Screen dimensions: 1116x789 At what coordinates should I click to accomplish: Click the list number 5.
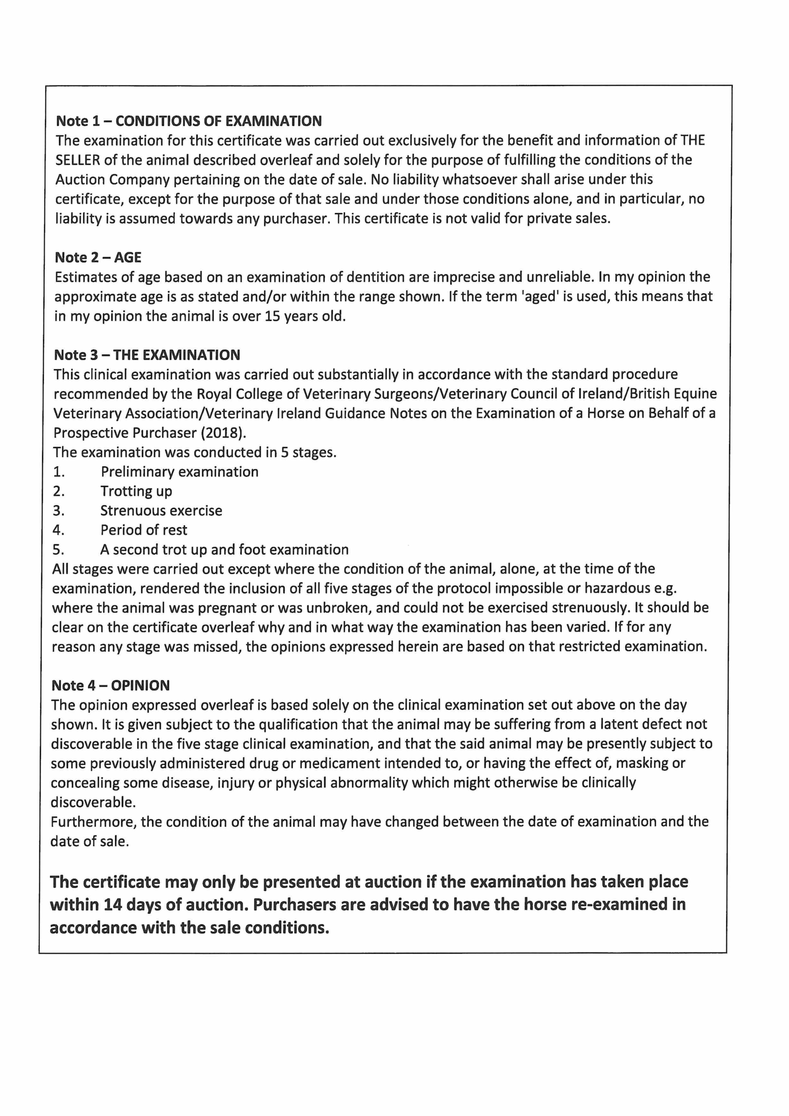pos(58,550)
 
